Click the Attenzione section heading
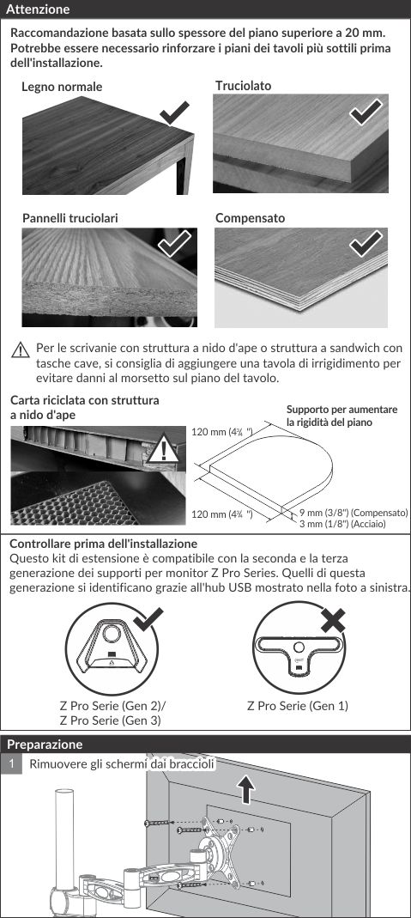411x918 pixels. tap(38, 9)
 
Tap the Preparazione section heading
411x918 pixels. tap(45, 745)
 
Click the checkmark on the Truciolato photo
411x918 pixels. tap(366, 112)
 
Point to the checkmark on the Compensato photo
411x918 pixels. tap(366, 244)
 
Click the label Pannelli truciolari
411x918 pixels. tap(70, 218)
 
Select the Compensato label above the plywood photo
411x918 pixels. tap(251, 218)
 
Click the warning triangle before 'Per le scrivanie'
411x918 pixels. tap(21, 350)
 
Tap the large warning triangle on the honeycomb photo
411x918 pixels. tap(162, 449)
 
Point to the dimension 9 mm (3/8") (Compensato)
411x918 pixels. tap(354, 513)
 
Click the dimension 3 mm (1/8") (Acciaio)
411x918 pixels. tap(342, 524)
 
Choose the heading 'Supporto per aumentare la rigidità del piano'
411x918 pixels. tap(342, 416)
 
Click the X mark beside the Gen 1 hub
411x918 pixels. tap(333, 621)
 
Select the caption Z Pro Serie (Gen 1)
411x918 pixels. tap(298, 706)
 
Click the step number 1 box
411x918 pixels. tap(10, 764)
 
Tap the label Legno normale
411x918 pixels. tap(62, 87)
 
